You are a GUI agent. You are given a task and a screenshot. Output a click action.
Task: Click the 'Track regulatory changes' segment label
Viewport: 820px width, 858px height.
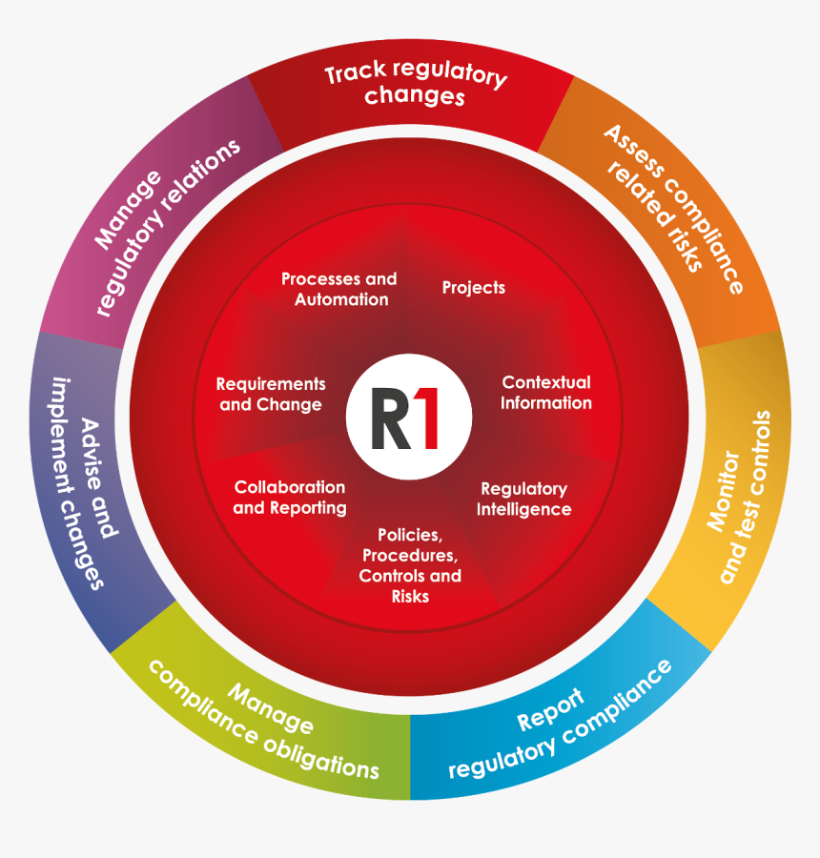click(x=415, y=85)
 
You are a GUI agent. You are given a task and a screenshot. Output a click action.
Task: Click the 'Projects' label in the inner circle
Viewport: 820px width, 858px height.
click(x=474, y=288)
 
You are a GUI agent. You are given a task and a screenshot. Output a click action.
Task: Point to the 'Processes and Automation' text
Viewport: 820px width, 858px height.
click(x=339, y=289)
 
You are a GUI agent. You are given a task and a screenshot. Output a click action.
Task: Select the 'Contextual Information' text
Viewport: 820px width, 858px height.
click(x=546, y=393)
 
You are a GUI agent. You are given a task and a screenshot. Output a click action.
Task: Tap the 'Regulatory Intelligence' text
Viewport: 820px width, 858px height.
click(x=523, y=499)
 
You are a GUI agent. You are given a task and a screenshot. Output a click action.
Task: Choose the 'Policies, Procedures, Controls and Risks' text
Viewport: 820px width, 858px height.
click(x=410, y=565)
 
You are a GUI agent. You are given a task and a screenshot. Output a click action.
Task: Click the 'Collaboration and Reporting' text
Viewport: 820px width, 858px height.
click(x=290, y=498)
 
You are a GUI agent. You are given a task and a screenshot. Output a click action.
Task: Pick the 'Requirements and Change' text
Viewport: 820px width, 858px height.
click(x=271, y=394)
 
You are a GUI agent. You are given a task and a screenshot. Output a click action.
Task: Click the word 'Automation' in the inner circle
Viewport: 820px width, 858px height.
click(x=341, y=299)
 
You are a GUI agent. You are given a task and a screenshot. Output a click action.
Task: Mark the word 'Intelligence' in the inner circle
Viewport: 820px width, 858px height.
click(x=523, y=509)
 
